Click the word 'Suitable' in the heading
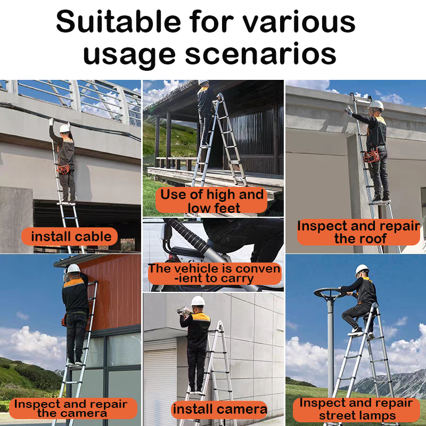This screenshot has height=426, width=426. point(119,22)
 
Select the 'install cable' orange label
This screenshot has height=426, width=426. point(70,236)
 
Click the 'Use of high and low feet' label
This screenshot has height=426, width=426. point(211,201)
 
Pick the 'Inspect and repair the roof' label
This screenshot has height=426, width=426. point(358,232)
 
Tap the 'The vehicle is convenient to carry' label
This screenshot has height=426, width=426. point(215,274)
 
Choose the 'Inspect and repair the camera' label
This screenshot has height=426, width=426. point(73,408)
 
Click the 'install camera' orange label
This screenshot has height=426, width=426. point(219,409)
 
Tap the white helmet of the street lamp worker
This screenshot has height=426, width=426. point(362,269)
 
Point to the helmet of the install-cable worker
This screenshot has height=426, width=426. point(64,128)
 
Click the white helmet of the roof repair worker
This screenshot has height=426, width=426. point(376,105)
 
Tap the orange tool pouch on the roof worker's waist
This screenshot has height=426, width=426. point(370,157)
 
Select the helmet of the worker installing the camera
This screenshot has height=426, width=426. point(198,301)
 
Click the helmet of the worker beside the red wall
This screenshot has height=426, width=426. point(73,269)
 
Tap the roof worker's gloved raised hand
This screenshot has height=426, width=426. point(348,111)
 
